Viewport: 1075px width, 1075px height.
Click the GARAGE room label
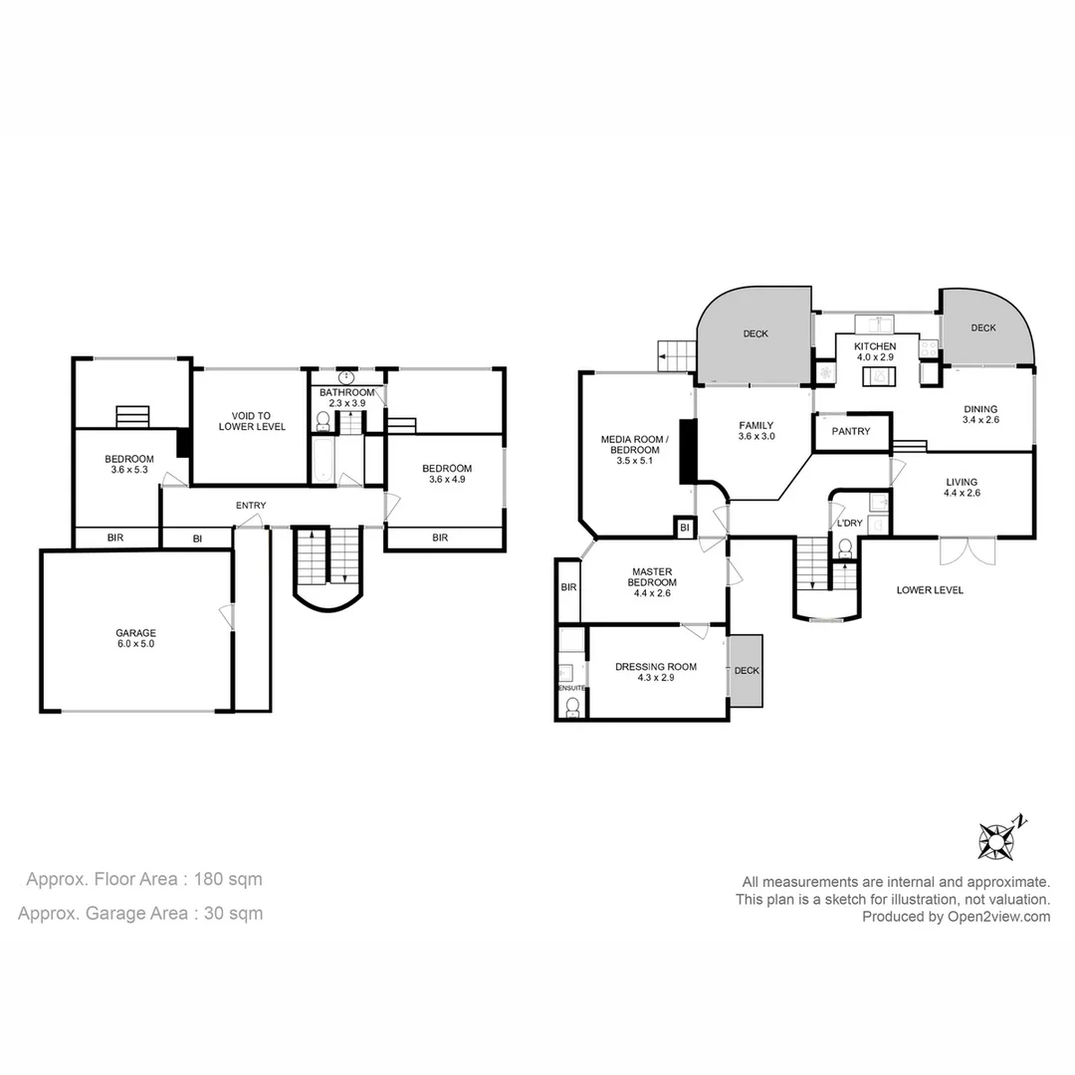point(136,632)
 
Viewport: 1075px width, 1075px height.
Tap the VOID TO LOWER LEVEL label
point(252,421)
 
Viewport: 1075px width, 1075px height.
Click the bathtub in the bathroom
point(322,462)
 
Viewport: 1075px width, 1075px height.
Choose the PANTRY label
point(851,431)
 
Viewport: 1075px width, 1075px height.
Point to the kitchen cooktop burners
point(928,348)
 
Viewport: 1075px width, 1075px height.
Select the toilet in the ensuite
point(572,707)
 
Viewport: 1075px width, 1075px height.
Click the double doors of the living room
point(966,550)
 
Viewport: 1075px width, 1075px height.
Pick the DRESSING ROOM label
point(655,667)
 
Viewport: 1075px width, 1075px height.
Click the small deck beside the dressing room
point(746,671)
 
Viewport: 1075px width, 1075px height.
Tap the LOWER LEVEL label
point(929,590)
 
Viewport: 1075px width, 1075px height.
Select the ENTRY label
point(251,506)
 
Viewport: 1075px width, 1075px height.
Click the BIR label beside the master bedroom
point(568,588)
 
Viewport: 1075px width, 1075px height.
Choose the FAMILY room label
point(755,425)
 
